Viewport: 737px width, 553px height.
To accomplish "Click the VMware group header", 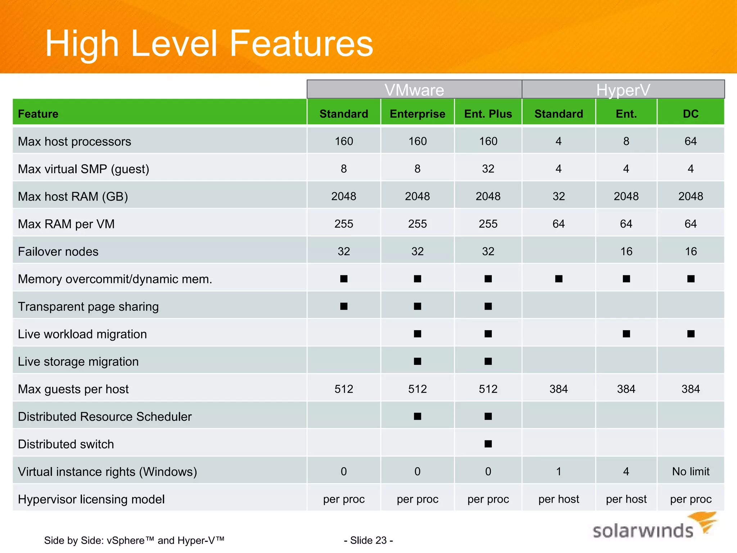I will tap(414, 90).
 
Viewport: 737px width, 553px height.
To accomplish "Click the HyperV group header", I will tap(623, 90).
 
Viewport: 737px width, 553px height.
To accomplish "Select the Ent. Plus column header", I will tap(488, 114).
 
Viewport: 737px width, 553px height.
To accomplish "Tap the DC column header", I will tap(691, 114).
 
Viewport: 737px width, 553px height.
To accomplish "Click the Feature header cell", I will tap(38, 114).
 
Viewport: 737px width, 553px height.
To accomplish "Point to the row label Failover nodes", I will tap(58, 251).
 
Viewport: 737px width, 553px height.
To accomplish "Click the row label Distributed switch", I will tap(66, 444).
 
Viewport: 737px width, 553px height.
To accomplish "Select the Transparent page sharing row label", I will tap(88, 306).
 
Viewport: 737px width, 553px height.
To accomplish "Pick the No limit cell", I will tap(691, 471).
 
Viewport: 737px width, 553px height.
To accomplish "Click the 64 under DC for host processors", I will tap(691, 141).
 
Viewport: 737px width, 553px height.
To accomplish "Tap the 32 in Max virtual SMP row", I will tap(488, 168).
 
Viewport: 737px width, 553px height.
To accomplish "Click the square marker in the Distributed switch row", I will tap(488, 444).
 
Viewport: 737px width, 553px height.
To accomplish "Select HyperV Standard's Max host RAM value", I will tap(559, 196).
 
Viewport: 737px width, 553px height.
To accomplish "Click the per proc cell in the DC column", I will tap(691, 499).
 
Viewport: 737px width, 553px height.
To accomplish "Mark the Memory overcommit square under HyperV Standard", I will tap(559, 279).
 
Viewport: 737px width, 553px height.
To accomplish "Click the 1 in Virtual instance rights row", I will tap(559, 471).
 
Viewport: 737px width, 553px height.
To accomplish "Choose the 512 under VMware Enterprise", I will tap(417, 389).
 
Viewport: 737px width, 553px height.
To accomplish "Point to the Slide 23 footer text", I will tap(368, 540).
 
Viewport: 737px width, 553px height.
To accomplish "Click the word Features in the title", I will tap(301, 44).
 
